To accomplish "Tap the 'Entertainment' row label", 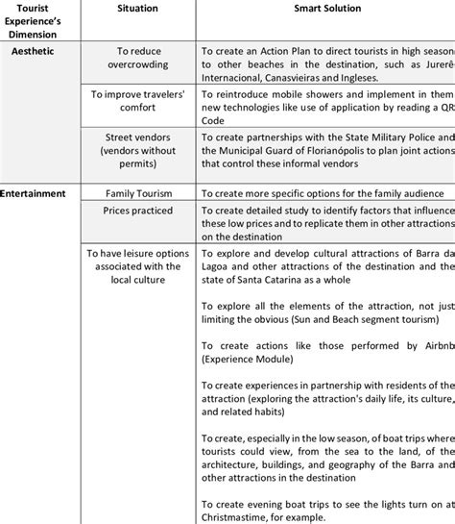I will point(34,192).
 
